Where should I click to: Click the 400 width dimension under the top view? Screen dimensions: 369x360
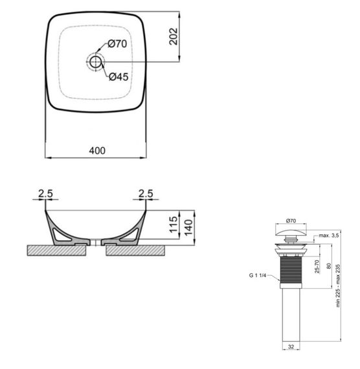tap(96, 150)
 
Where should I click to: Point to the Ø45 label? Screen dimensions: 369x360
tap(117, 76)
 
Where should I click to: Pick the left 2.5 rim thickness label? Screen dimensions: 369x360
tap(46, 194)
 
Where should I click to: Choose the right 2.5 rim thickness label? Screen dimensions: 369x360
tap(146, 194)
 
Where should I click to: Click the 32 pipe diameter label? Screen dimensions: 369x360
tap(291, 347)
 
